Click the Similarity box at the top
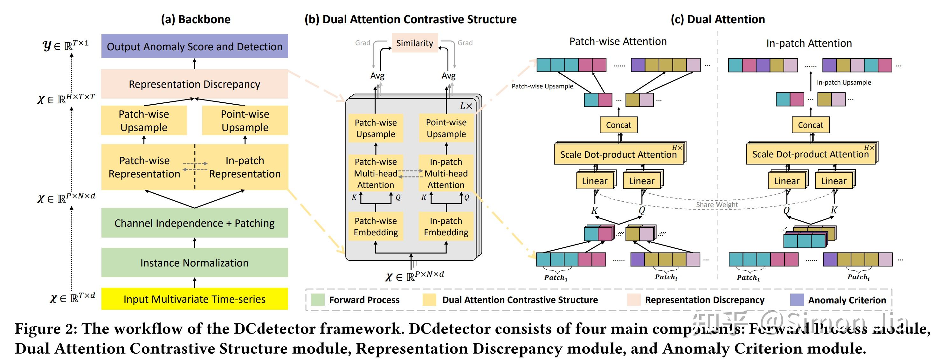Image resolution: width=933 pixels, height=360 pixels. point(415,43)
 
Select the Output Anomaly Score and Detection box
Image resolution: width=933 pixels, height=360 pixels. point(195,46)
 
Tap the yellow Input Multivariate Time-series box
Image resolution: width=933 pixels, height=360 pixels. point(195,299)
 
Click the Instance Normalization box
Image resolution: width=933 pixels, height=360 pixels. point(195,263)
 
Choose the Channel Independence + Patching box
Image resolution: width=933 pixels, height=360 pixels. point(195,223)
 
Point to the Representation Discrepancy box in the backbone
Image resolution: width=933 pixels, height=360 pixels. point(195,84)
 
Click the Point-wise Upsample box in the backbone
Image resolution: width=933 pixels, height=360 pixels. point(245,121)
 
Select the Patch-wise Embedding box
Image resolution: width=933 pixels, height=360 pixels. point(376,226)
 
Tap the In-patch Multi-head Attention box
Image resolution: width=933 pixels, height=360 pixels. point(446,173)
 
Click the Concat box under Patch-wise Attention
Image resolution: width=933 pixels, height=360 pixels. point(618,125)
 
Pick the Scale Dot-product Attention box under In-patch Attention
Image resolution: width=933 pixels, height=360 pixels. point(810,154)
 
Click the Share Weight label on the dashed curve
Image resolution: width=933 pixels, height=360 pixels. point(716,204)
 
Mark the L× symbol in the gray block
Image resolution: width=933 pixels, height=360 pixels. point(466,106)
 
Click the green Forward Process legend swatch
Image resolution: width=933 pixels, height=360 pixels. point(318,300)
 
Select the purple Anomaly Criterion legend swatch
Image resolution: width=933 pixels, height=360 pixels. point(797,300)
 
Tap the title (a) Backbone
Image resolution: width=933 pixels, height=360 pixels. point(196,19)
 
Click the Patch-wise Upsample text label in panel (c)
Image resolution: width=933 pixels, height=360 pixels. point(542,86)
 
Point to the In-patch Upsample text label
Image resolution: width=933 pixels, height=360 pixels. point(844,83)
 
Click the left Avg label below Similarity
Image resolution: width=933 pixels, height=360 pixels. point(377,76)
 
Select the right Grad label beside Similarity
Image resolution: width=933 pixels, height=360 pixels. point(465,43)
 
